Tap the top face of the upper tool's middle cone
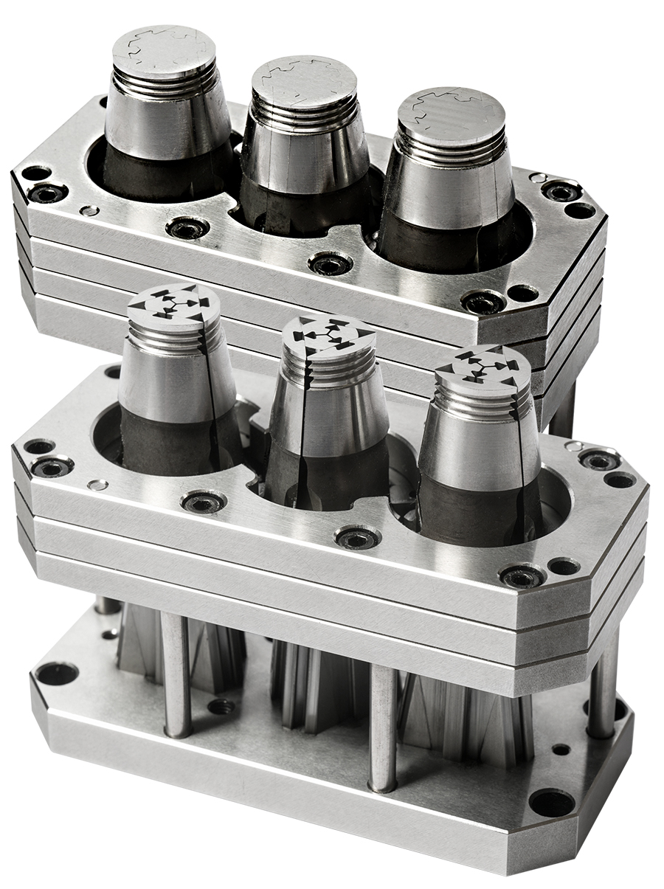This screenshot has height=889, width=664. [x=304, y=80]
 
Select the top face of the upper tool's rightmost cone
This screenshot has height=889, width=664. [x=451, y=111]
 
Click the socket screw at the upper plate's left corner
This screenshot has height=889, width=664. [x=47, y=193]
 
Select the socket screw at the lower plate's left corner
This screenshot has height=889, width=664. [x=52, y=466]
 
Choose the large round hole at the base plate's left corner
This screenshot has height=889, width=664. [x=57, y=674]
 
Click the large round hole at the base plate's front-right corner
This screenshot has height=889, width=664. [x=550, y=801]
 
